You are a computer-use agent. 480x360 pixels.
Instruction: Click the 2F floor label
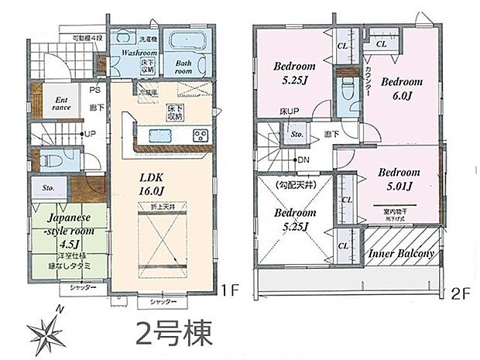click(x=461, y=292)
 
